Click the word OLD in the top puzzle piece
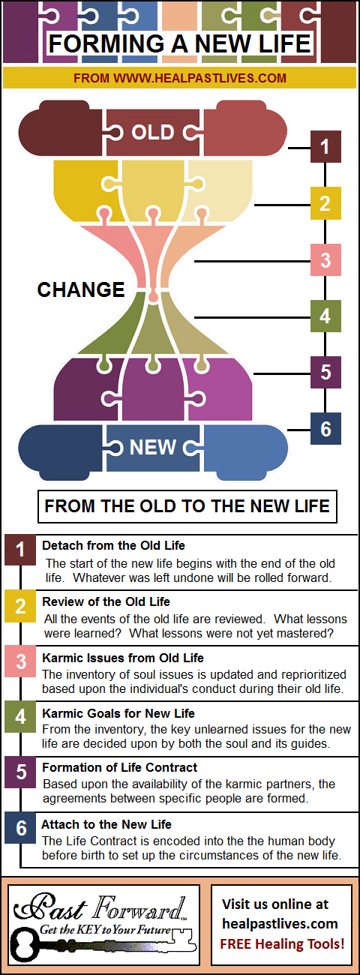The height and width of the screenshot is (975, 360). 153,132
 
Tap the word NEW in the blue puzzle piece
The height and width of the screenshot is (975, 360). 153,447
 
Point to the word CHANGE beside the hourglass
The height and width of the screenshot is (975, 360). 81,289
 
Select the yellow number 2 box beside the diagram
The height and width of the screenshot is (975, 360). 325,203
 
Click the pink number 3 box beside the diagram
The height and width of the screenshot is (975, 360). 325,259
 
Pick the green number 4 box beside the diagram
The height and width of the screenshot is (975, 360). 325,316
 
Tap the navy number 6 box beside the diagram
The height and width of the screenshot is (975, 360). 325,429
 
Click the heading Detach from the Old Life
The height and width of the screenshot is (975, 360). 113,545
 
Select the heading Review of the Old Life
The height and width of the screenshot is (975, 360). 106,601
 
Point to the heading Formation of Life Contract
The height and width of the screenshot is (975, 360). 120,767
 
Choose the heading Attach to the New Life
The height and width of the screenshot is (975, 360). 106,824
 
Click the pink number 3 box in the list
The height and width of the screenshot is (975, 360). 20,661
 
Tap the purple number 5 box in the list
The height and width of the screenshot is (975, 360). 20,772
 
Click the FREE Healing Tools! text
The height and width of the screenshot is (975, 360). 282,943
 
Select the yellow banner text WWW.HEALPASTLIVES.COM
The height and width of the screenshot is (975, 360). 199,78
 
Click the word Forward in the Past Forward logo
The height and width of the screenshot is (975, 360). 139,908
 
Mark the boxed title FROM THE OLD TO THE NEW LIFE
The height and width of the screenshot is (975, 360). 187,506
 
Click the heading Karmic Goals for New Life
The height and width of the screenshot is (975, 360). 118,713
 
